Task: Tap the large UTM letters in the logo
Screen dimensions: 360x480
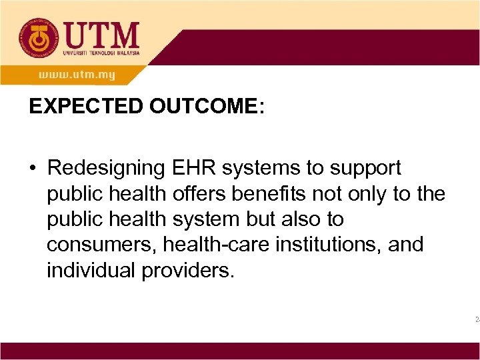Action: coord(101,34)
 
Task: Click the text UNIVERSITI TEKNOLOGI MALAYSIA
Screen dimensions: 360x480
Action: coord(102,53)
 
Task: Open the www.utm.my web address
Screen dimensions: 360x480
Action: coord(76,75)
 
